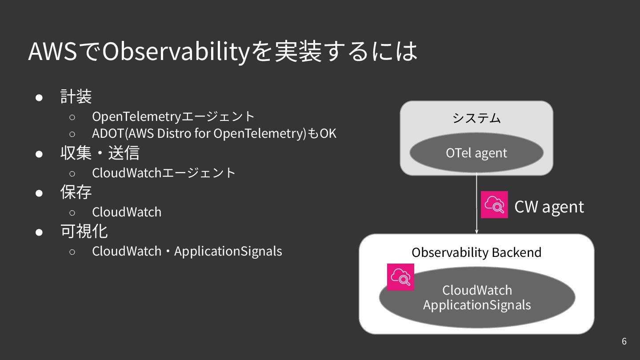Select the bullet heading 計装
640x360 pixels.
point(76,96)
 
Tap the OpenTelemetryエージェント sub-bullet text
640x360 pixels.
point(173,116)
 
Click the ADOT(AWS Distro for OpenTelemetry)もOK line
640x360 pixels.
point(214,133)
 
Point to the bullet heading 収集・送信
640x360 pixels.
point(100,153)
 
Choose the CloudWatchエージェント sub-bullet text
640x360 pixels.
point(164,172)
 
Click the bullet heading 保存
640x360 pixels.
point(76,192)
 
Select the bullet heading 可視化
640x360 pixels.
point(84,231)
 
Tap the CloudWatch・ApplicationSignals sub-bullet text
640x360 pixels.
point(187,251)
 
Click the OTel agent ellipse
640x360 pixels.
point(476,153)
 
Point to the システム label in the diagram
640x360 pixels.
point(476,118)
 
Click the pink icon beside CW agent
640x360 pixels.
point(494,204)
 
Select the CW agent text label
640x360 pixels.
point(549,207)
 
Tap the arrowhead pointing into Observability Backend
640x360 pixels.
point(476,231)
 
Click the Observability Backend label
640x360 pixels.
point(476,252)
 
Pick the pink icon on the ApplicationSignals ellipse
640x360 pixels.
point(400,277)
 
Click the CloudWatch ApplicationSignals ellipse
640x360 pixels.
point(477,298)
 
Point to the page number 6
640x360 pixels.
point(624,341)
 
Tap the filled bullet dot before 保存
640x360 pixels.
point(39,193)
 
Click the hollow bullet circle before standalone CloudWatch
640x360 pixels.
point(72,212)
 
